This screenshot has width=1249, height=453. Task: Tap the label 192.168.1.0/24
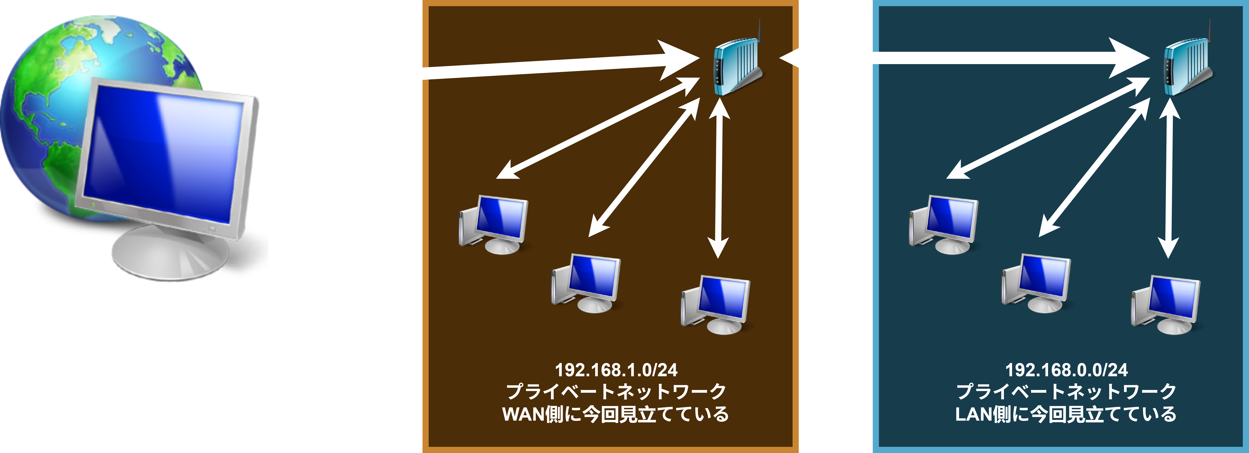click(x=616, y=370)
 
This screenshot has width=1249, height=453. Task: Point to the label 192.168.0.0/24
click(x=1066, y=370)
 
